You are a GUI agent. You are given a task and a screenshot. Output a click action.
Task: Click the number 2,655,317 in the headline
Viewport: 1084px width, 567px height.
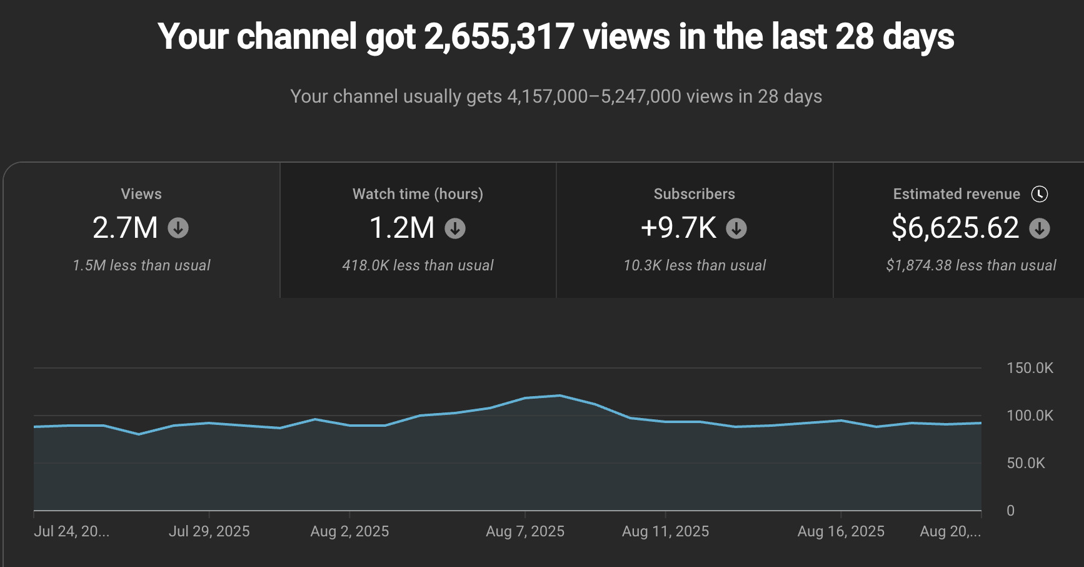point(499,37)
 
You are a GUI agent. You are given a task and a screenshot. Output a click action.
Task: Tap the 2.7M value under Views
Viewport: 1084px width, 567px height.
point(125,228)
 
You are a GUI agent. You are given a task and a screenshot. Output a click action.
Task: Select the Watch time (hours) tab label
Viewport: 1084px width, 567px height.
point(418,194)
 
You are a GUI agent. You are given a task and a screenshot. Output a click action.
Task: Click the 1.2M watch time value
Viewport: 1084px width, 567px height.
point(402,228)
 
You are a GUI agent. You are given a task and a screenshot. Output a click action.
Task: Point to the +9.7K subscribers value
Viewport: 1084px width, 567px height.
point(678,228)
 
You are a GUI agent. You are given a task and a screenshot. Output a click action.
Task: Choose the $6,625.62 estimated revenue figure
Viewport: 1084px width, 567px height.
point(955,228)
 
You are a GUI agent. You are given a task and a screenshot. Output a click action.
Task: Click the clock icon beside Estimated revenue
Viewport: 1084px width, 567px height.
point(1040,194)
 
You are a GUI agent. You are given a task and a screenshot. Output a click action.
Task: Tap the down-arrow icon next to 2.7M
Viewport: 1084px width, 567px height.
point(178,228)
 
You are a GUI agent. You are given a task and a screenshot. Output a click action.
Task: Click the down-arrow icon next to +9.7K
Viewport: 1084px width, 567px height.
point(736,228)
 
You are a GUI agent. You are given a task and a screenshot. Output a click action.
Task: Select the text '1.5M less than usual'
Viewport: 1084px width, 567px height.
point(141,265)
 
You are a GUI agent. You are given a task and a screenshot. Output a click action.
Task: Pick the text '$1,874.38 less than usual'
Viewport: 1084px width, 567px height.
point(971,265)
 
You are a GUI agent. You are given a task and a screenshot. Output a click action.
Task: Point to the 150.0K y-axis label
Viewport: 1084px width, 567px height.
point(1030,368)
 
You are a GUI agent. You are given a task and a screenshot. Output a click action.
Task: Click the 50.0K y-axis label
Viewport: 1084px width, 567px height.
point(1025,463)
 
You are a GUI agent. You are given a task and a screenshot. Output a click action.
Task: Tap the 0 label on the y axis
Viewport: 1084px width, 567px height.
point(1010,511)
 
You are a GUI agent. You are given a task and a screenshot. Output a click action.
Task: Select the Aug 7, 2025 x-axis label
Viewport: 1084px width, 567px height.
point(525,531)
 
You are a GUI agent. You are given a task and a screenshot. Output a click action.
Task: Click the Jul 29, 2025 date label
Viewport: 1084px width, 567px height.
point(209,531)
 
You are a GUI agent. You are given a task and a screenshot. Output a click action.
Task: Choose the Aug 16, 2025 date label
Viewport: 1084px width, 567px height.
point(841,531)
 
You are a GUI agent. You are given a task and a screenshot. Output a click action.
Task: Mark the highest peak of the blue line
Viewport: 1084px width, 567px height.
point(560,396)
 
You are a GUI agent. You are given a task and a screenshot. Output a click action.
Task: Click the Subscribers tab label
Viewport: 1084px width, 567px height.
point(694,194)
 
